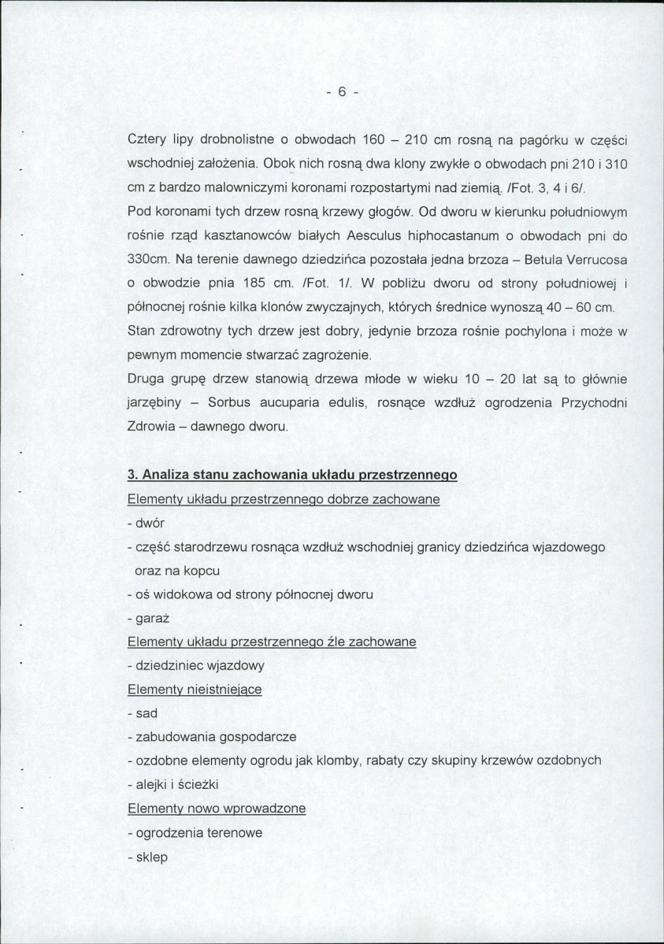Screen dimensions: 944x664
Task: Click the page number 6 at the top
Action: [342, 91]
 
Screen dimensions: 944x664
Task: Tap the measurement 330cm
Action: [145, 260]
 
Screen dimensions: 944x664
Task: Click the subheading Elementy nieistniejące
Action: [195, 689]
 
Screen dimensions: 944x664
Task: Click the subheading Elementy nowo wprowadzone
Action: [217, 809]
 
